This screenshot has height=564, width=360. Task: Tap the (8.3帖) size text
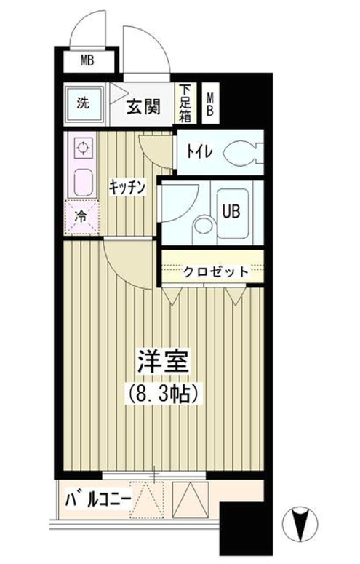click(162, 393)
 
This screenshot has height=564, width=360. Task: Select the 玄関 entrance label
click(143, 106)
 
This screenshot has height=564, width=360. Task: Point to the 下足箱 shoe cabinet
click(185, 103)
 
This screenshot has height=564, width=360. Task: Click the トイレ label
click(199, 152)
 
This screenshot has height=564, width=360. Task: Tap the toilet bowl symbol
click(242, 152)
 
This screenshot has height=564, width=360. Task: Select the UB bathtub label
click(231, 211)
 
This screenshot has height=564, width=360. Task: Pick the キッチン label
click(127, 187)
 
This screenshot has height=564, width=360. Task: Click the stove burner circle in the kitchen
click(83, 148)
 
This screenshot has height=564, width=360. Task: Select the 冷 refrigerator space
click(81, 218)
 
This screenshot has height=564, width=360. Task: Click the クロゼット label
click(216, 271)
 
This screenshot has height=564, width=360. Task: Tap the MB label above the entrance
click(87, 60)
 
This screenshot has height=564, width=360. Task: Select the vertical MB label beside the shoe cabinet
click(209, 104)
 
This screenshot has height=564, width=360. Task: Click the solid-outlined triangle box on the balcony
click(191, 499)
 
